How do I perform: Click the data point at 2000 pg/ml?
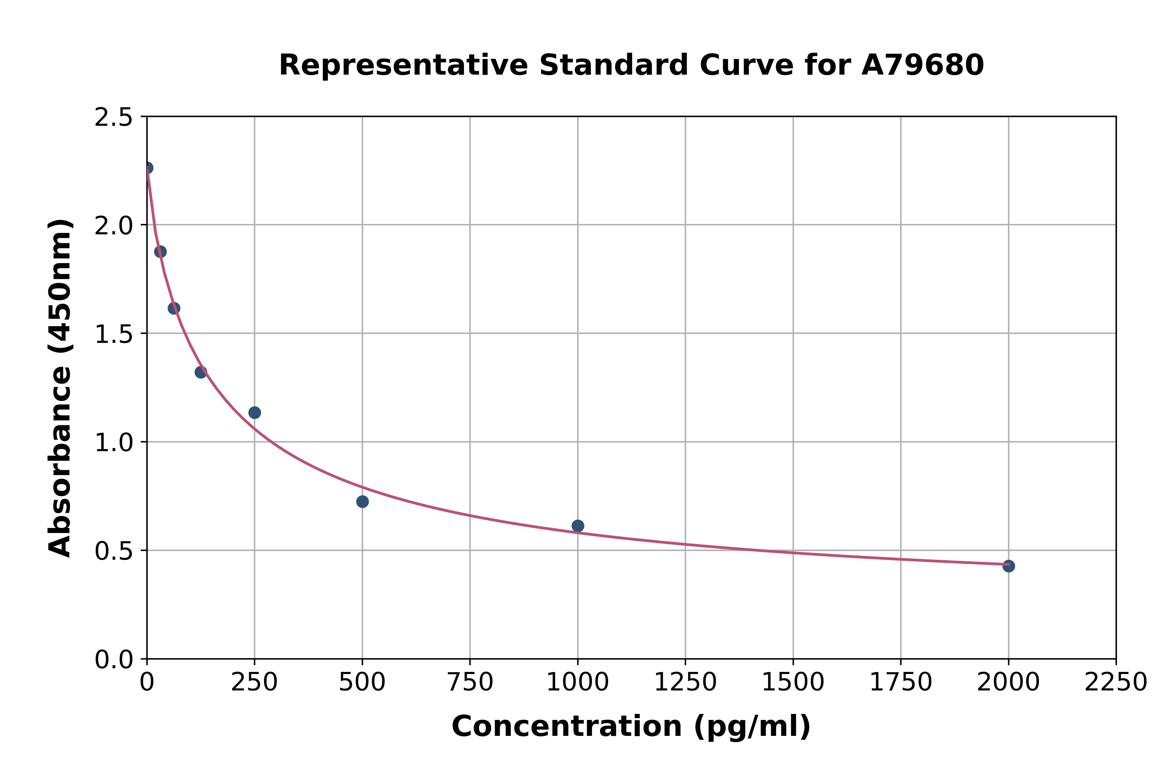point(1008,566)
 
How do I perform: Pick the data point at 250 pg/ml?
point(255,413)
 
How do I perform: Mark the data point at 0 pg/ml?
point(147,168)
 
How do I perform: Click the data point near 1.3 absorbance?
point(201,372)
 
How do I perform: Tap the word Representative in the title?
point(403,65)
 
